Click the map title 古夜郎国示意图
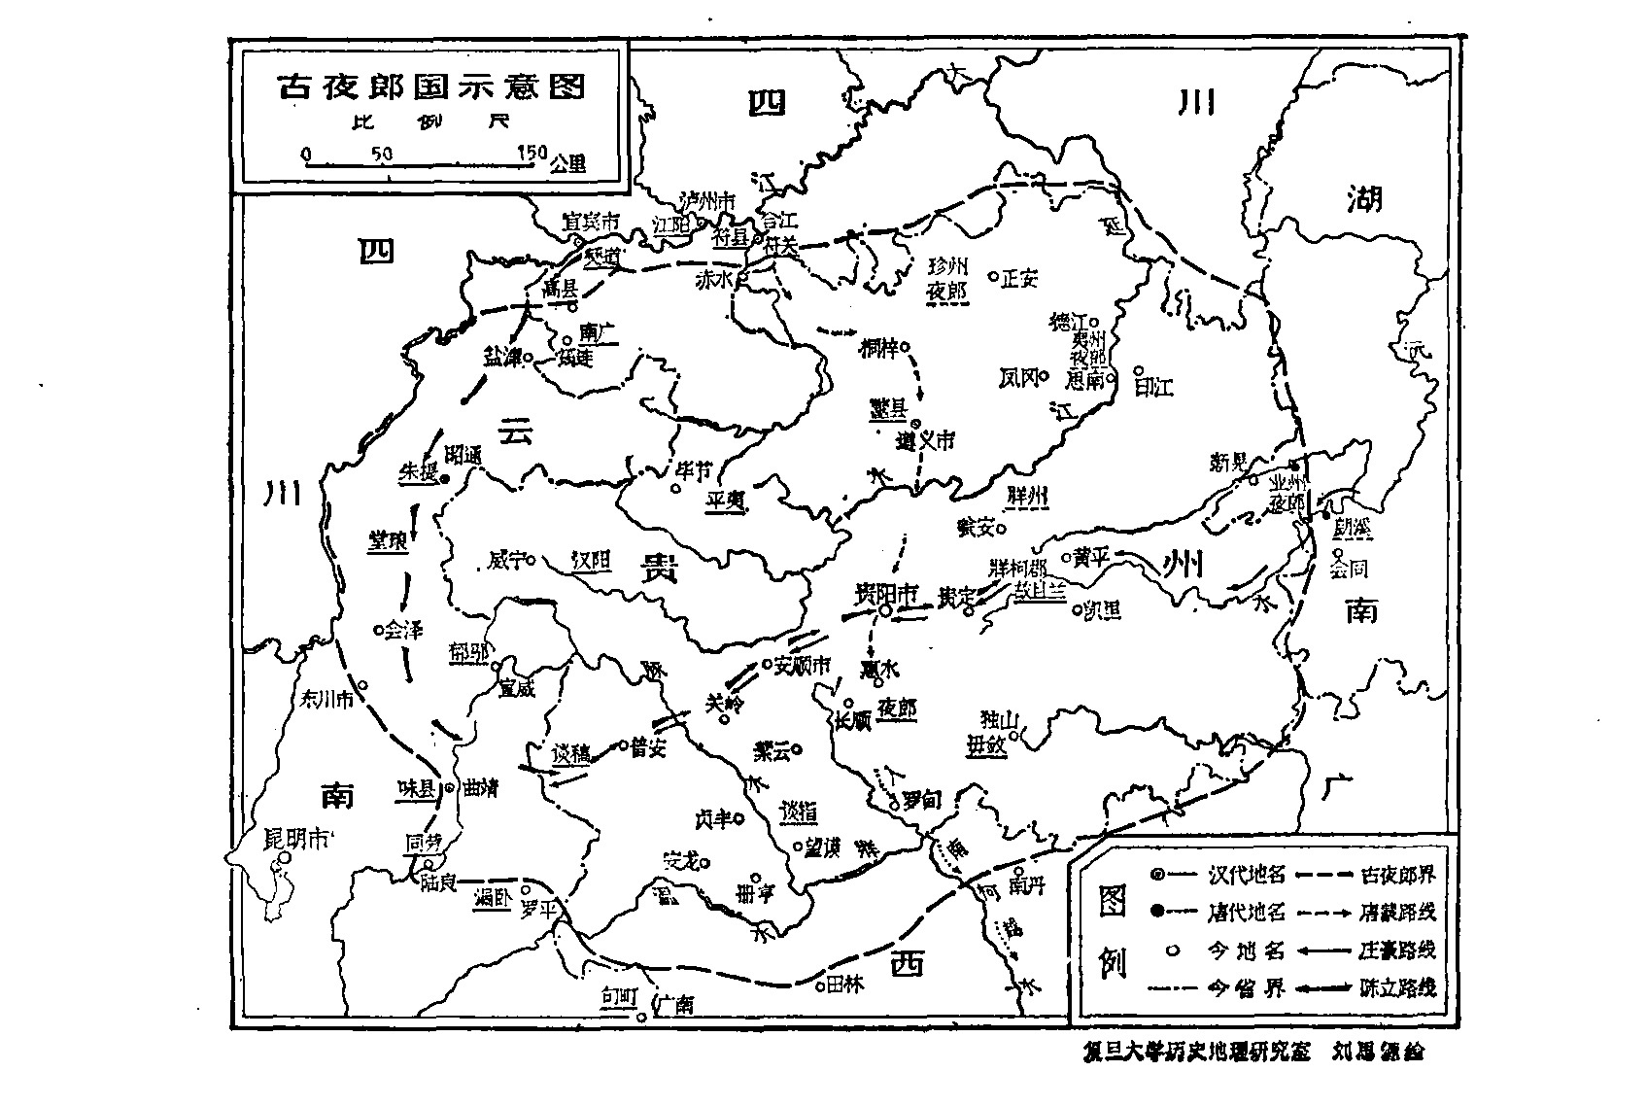[x=432, y=86]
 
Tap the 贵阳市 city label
[x=886, y=593]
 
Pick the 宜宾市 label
[x=592, y=223]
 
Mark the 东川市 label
[x=326, y=698]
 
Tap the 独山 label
[x=998, y=720]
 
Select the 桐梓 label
[x=879, y=347]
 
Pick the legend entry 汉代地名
[x=1247, y=875]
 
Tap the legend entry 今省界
[x=1247, y=987]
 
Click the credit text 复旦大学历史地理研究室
[x=1196, y=1053]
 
